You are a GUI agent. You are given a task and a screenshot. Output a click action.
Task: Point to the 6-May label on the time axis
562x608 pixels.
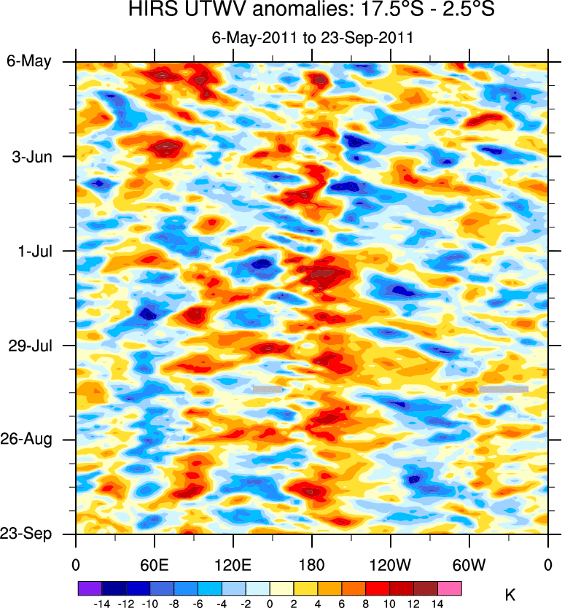pos(29,61)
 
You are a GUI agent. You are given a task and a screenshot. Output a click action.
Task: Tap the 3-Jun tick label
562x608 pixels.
pos(32,156)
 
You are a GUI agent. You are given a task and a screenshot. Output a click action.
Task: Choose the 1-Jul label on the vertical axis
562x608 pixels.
pos(34,251)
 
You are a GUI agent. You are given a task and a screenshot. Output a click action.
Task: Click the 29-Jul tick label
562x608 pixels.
pos(31,345)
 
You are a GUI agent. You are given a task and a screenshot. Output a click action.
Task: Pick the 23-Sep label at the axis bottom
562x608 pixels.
pos(29,534)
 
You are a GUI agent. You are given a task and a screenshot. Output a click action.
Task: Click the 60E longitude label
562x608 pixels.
pos(154,564)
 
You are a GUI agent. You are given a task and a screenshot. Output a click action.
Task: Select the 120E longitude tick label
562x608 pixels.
pos(233,564)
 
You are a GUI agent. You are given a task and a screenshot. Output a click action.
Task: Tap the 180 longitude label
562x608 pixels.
pos(311,564)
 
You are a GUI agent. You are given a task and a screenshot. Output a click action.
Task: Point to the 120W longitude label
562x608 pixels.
pos(390,564)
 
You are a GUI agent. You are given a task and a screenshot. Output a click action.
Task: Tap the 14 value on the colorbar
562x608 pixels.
pos(438,604)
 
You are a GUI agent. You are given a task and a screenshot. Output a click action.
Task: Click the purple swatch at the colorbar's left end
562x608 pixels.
pos(90,588)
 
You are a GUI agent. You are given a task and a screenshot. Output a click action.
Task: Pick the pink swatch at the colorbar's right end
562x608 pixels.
pos(450,588)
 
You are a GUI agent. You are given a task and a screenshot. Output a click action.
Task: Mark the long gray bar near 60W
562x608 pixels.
pos(503,389)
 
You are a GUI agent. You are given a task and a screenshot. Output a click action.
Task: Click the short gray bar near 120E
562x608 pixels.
pos(268,389)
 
